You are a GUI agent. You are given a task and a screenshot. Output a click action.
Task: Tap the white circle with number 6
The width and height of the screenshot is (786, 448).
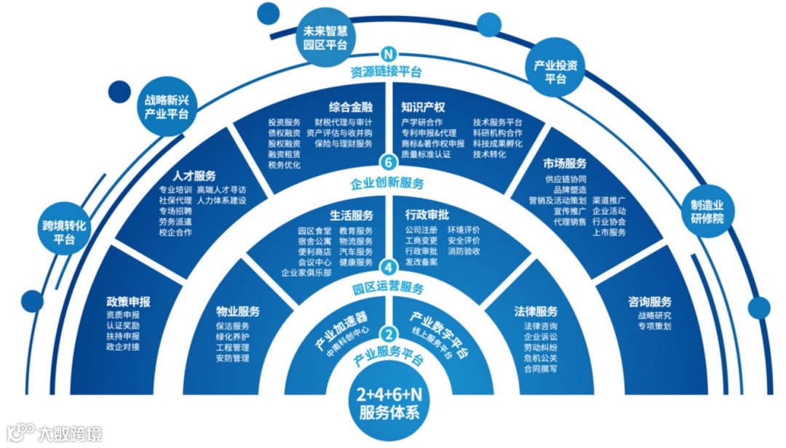pyautogui.click(x=389, y=164)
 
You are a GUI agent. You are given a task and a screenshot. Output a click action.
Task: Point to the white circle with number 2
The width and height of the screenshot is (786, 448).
pyautogui.click(x=389, y=335)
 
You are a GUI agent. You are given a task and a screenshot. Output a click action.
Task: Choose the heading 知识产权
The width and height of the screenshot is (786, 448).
pyautogui.click(x=423, y=106)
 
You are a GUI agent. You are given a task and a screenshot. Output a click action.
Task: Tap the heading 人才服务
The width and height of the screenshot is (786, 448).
pyautogui.click(x=194, y=175)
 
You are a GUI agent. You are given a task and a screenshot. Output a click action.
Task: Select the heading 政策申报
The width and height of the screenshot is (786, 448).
pyautogui.click(x=129, y=302)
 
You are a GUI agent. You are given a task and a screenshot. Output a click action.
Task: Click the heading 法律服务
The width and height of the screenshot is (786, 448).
pyautogui.click(x=536, y=311)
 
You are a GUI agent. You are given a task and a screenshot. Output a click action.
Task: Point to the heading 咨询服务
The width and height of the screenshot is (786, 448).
pyautogui.click(x=649, y=301)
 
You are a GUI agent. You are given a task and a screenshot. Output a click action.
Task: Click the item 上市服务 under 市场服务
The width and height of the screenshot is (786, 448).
pyautogui.click(x=609, y=233)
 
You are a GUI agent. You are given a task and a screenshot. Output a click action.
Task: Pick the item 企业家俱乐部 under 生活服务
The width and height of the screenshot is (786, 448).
pyautogui.click(x=306, y=273)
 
